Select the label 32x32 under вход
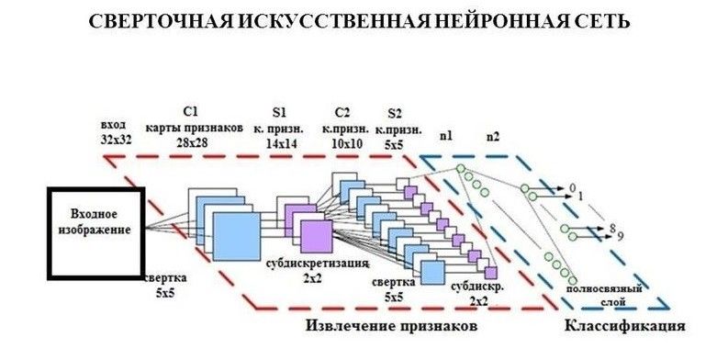tap(117, 139)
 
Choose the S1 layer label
tap(279, 112)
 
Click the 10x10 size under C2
tap(344, 143)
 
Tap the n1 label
tap(446, 136)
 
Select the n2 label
tap(492, 136)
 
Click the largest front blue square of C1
tap(236, 236)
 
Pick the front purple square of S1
tap(317, 236)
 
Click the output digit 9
tap(621, 235)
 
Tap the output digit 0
tap(573, 187)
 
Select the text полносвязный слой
tap(604, 295)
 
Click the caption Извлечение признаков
tap(391, 326)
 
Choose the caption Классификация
tap(624, 326)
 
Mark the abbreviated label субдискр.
tap(477, 287)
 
